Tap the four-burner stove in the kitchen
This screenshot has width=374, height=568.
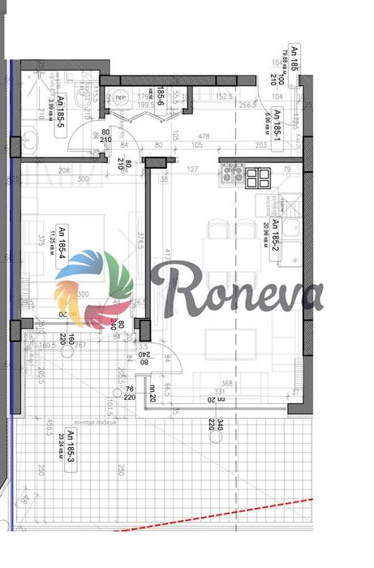(233, 173)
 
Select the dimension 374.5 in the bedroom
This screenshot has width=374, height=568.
(140, 244)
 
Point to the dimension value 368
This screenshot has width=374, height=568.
(227, 385)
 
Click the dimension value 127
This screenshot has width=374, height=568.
(191, 170)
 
